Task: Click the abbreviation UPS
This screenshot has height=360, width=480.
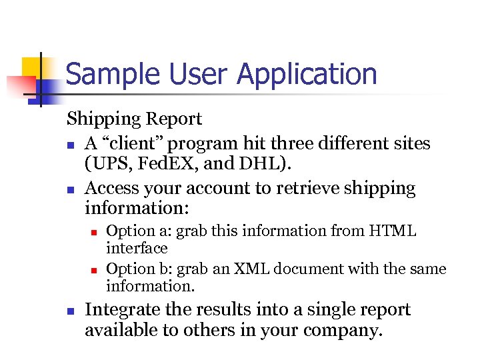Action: pyautogui.click(x=107, y=164)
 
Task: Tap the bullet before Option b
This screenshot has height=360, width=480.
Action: pyautogui.click(x=95, y=270)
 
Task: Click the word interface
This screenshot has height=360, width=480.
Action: pyautogui.click(x=137, y=248)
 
